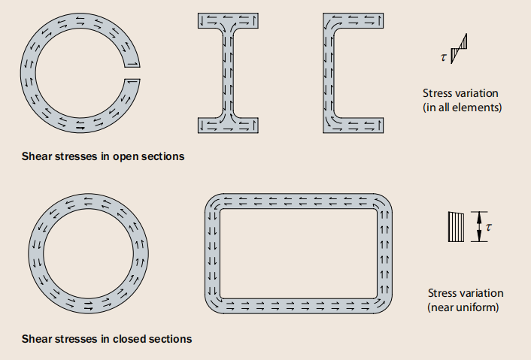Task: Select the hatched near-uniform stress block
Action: click(454, 226)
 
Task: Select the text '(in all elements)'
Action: click(463, 107)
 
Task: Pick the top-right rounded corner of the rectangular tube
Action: click(384, 204)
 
